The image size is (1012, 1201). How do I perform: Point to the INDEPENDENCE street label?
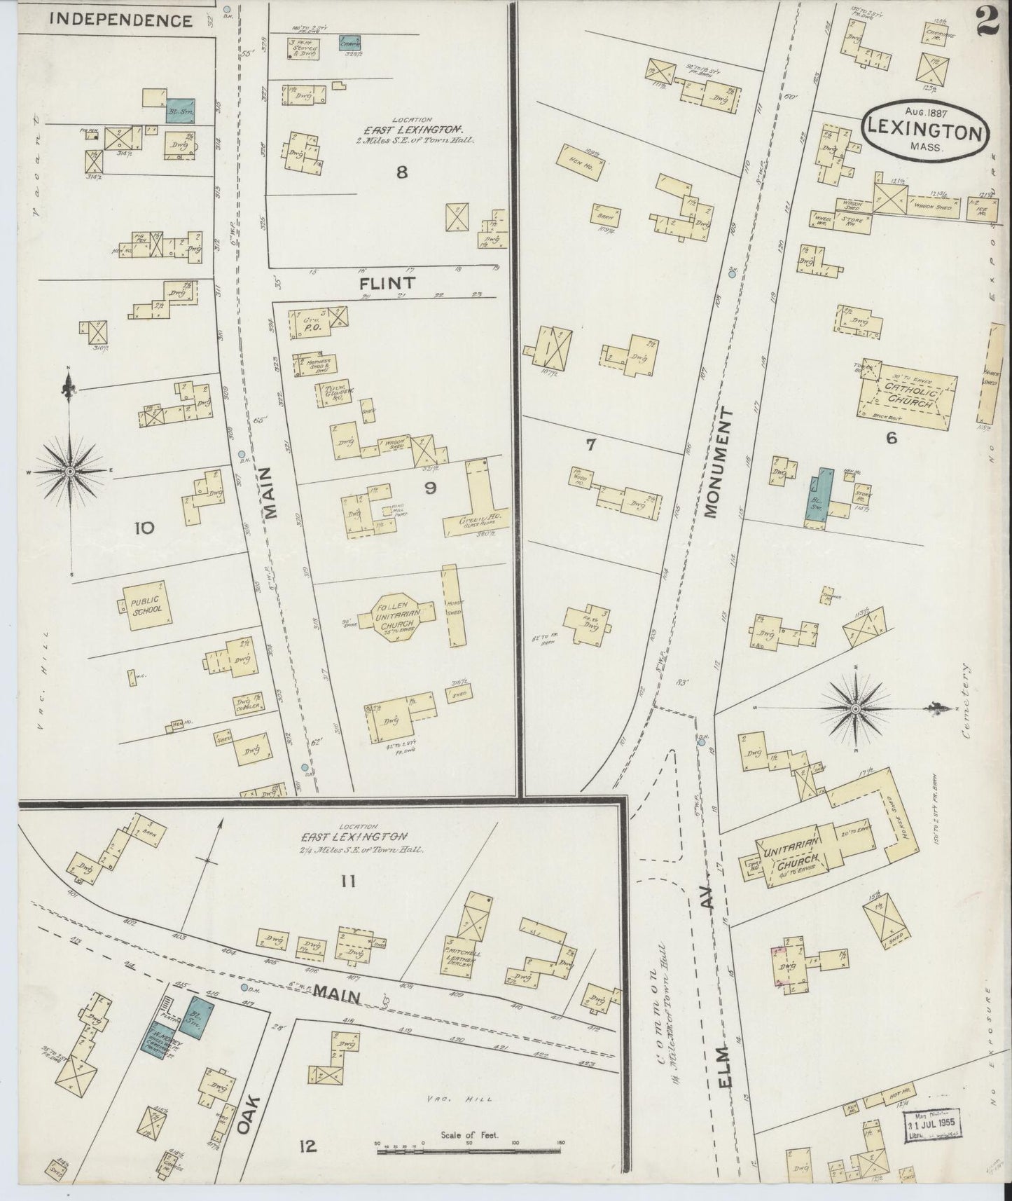pyautogui.click(x=122, y=20)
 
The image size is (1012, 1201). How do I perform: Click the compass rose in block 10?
pyautogui.click(x=70, y=471)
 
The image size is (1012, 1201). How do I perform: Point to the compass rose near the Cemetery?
pyautogui.click(x=855, y=709)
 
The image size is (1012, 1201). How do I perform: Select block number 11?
pyautogui.click(x=348, y=881)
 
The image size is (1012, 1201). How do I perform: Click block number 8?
pyautogui.click(x=401, y=171)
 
